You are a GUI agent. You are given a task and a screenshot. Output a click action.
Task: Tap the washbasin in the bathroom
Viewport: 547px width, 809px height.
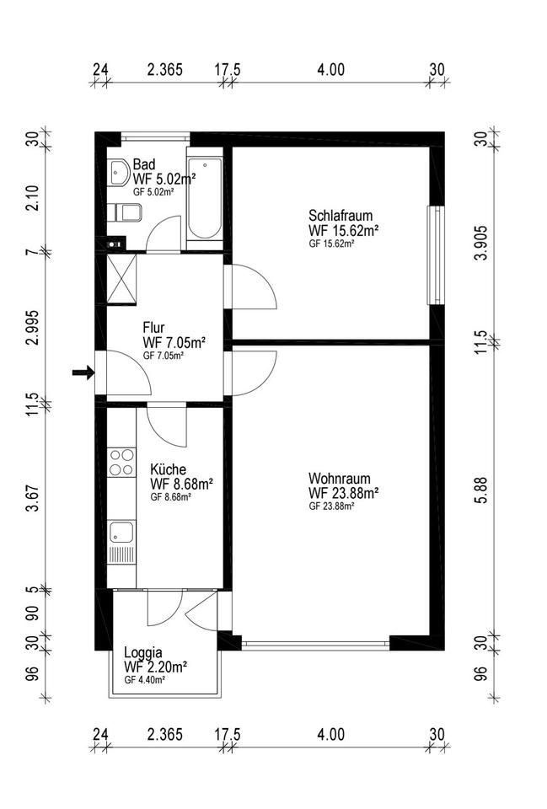point(118,174)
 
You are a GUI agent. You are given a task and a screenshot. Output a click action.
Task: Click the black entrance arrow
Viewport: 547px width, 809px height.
point(83,372)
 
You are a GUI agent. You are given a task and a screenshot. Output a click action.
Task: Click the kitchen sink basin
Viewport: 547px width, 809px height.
point(121,532)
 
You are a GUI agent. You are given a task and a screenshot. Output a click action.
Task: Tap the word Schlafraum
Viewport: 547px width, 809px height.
point(341,215)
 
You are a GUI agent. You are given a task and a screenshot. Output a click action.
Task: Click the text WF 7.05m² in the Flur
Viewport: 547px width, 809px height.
point(174,342)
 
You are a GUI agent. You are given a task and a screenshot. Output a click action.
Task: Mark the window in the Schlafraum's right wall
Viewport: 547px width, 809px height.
point(435,254)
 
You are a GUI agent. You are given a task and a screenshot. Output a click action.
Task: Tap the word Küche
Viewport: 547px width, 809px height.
point(169,469)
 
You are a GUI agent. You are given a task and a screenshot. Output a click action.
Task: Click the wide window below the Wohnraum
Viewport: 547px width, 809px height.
point(315,645)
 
